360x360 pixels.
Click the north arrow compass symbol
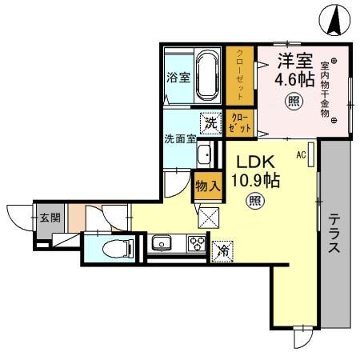pos(335,20)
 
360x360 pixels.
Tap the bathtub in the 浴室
pos(208,76)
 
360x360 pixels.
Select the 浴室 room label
pos(178,78)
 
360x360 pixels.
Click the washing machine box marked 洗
pos(211,123)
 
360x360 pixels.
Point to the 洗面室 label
pos(180,139)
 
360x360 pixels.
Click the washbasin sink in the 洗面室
pos(205,155)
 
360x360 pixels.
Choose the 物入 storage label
pos(208,186)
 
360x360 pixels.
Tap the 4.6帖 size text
pos(294,79)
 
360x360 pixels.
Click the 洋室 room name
pos(295,61)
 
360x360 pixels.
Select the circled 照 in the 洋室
pos(294,102)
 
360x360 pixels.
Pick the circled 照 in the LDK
pos(255,201)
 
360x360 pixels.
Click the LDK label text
pos(256,162)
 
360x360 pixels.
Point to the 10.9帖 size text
pos(255,180)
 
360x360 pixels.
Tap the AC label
pos(301,154)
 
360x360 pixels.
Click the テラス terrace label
pos(334,234)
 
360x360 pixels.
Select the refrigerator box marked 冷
pos(222,251)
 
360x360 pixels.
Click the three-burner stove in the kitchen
pos(197,243)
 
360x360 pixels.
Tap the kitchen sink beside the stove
pos(162,243)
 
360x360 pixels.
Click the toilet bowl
pos(118,249)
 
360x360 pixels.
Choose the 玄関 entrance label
pos(50,218)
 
